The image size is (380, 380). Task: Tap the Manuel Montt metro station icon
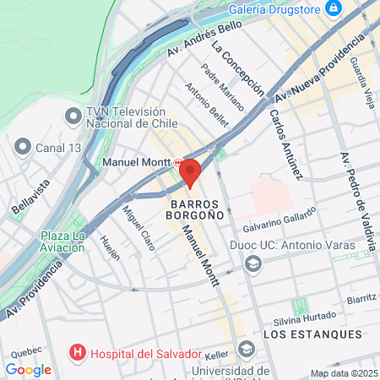coord(177,161)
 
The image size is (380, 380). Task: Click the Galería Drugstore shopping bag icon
coord(334,8)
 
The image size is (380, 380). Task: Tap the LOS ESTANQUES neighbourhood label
coord(312,335)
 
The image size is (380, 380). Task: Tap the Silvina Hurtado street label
coord(303,320)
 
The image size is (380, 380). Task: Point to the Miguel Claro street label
coord(138,223)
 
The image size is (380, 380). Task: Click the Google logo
coord(28,369)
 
